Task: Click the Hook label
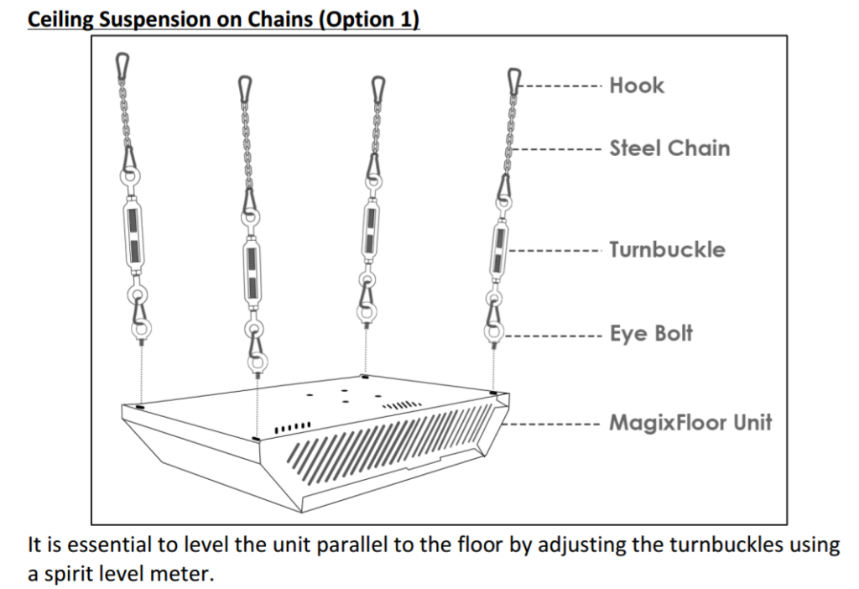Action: pos(637,86)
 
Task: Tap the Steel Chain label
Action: pos(669,148)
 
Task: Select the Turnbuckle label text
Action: pos(667,249)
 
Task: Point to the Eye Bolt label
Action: pos(651,333)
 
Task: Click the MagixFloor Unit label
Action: pos(691,422)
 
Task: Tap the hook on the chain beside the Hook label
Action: pos(514,82)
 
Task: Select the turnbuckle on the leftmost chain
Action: pos(133,234)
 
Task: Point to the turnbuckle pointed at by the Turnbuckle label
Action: pos(499,249)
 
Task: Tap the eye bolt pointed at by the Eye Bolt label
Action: pos(493,332)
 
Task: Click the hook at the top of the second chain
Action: pos(245,90)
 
